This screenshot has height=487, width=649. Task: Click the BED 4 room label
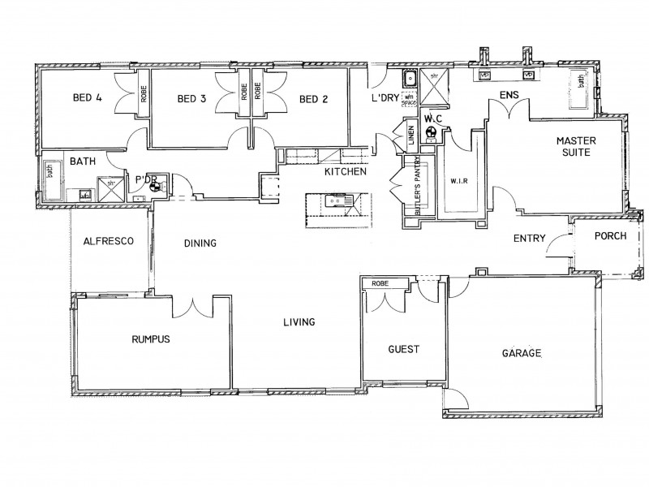coord(87,99)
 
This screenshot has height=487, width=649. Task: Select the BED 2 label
coord(313,100)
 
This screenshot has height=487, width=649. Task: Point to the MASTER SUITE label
coord(577,146)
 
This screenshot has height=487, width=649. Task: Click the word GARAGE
coord(522,354)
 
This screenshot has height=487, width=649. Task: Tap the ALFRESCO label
coord(107,241)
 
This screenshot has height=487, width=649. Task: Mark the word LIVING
coord(299,322)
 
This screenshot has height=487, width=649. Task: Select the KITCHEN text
coord(346,172)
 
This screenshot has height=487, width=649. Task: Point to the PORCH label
coord(609,236)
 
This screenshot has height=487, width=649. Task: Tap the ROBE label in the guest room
coord(379,284)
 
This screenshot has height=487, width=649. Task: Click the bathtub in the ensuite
coord(582,88)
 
